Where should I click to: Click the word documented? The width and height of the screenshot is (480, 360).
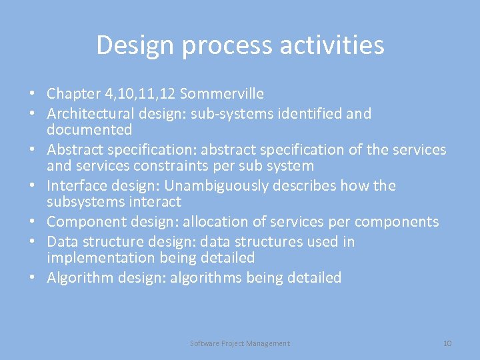point(89,129)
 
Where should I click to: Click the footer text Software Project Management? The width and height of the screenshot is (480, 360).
point(240,343)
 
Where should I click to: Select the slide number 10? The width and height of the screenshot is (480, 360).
point(447,343)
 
